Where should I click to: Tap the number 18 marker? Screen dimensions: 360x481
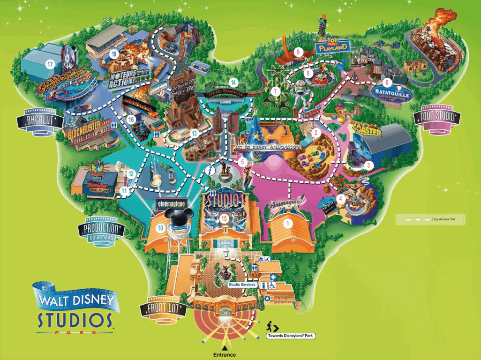pos(113,54)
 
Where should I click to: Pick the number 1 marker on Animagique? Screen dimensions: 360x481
pos(288,224)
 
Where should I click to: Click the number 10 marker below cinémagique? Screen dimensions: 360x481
pos(160,228)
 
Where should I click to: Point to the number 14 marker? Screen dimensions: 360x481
pos(233,83)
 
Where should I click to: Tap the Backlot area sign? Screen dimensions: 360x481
pos(40,121)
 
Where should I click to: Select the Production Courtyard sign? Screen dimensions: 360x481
pos(102,230)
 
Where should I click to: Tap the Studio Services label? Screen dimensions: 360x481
pos(242,285)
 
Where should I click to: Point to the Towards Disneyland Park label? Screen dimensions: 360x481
pos(290,336)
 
